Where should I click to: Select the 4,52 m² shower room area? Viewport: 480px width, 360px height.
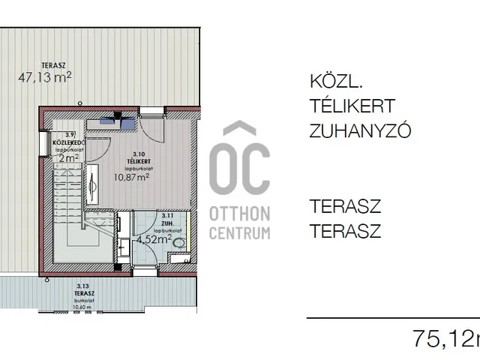pos(154,240)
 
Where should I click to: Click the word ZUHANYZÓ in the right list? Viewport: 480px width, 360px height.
pos(360,131)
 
